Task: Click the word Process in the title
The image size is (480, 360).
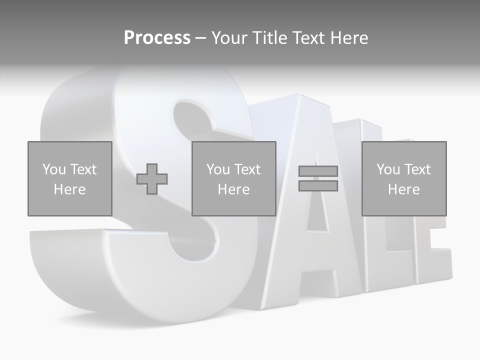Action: (x=157, y=38)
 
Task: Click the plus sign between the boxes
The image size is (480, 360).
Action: (x=152, y=178)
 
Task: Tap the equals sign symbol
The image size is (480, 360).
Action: (x=318, y=178)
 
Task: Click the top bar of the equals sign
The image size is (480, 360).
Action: (x=318, y=171)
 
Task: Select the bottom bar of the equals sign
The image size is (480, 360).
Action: (x=318, y=185)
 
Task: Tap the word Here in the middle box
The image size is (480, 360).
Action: (x=233, y=189)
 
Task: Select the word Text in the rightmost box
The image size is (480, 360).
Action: (x=417, y=169)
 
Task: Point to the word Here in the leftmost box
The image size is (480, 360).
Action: (x=69, y=189)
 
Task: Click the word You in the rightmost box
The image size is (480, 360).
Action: (x=388, y=169)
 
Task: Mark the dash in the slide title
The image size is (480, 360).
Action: (x=200, y=38)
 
